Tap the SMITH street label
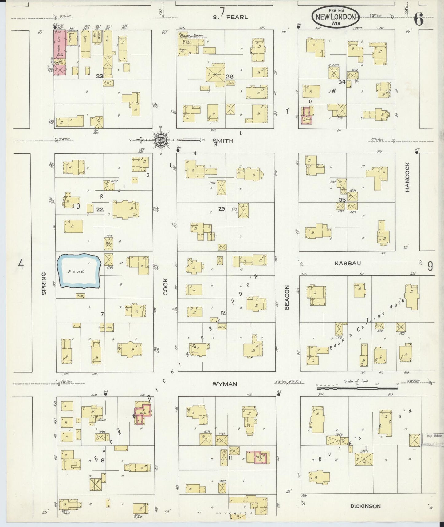click(x=223, y=141)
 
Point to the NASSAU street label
click(x=348, y=263)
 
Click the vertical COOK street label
click(x=166, y=287)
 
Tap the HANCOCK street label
click(x=407, y=177)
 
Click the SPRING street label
click(x=44, y=283)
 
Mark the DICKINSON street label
click(x=366, y=506)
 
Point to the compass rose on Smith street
click(x=161, y=141)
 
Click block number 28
click(x=230, y=77)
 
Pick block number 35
click(x=342, y=200)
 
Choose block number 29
click(x=222, y=209)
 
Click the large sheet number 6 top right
click(x=418, y=19)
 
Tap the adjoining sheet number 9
click(x=430, y=266)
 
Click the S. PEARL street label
click(x=230, y=17)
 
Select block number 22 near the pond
click(x=100, y=209)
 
